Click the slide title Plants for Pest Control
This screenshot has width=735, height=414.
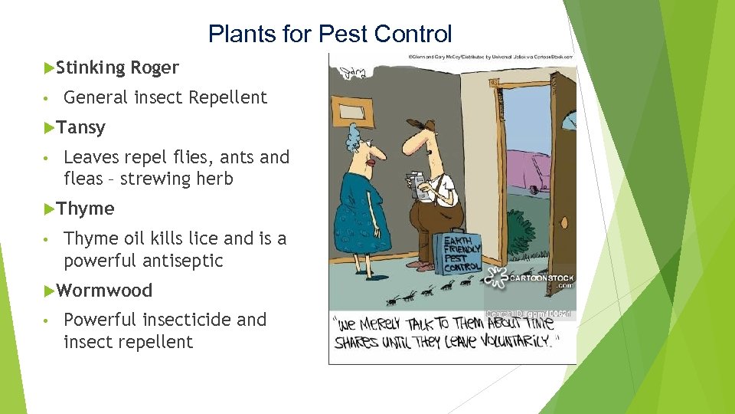[x=330, y=34]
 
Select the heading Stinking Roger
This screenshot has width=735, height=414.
[x=117, y=67]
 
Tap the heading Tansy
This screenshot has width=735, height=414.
[x=80, y=127]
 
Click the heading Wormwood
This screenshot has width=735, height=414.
[x=104, y=291]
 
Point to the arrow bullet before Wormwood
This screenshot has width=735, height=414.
[x=49, y=291]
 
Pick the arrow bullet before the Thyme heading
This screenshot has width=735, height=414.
[x=49, y=209]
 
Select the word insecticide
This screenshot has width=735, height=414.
[x=185, y=320]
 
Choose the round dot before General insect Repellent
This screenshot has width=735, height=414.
[x=47, y=98]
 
